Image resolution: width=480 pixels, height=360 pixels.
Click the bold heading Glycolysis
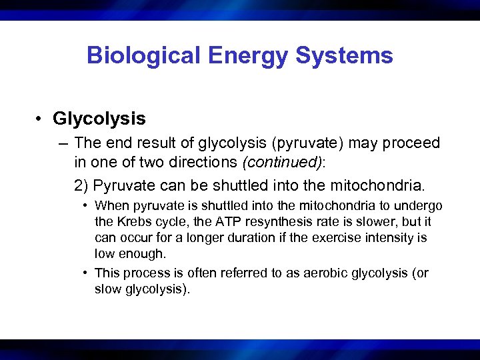[x=99, y=119]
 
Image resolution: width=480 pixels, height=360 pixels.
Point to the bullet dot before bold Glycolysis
[x=41, y=119]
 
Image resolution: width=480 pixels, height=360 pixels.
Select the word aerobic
[x=321, y=273]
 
